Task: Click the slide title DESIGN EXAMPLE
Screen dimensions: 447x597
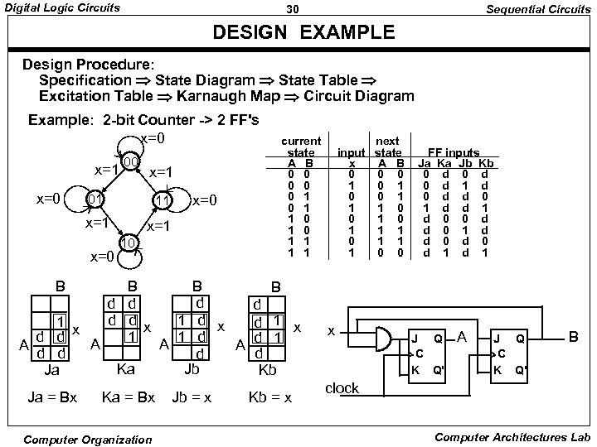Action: pos(303,34)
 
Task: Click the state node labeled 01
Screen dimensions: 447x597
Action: pos(95,201)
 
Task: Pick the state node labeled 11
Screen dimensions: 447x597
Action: pos(163,202)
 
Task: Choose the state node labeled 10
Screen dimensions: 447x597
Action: pos(129,242)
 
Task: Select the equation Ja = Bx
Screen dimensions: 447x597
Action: pos(52,398)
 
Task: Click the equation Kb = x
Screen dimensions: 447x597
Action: pos(270,398)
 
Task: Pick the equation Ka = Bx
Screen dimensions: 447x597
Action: pos(128,398)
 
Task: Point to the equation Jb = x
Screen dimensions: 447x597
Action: pos(192,398)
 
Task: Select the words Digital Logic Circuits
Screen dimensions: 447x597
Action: pos(63,8)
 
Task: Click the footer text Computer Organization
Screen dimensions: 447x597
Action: pos(90,438)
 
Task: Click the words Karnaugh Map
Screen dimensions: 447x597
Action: pos(224,96)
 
